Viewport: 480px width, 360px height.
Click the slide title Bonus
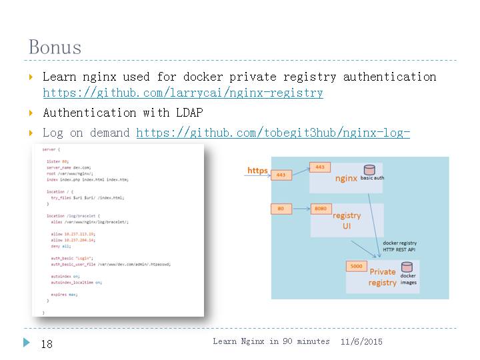(x=55, y=47)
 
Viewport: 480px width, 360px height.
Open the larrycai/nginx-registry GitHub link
(x=183, y=93)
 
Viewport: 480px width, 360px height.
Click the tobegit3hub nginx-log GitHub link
(x=273, y=133)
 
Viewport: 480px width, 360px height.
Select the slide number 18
(x=47, y=344)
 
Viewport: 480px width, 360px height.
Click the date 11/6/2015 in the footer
(x=361, y=341)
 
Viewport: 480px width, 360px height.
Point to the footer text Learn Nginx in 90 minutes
(x=271, y=341)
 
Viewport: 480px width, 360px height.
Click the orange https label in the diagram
(x=257, y=171)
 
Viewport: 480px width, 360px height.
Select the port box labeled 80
(x=281, y=209)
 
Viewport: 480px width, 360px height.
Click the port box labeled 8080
(x=321, y=209)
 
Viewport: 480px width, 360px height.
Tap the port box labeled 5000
(x=357, y=267)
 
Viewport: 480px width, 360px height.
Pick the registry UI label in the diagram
(x=347, y=221)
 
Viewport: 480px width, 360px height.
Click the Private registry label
(x=382, y=277)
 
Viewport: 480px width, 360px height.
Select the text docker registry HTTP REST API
(x=399, y=245)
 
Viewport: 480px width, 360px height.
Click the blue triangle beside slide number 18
(x=27, y=343)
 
